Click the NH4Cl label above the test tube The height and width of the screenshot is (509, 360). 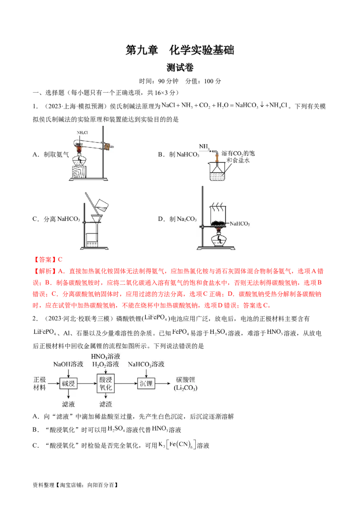[x=82, y=133]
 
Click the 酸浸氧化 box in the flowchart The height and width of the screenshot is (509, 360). [x=105, y=384]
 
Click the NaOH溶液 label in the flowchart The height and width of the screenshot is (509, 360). [x=67, y=364]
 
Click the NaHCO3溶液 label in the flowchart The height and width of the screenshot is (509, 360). [x=146, y=364]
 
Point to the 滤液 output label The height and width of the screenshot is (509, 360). [x=68, y=404]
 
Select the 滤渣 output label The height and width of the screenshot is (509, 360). [x=105, y=404]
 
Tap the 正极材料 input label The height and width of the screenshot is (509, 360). [x=40, y=384]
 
